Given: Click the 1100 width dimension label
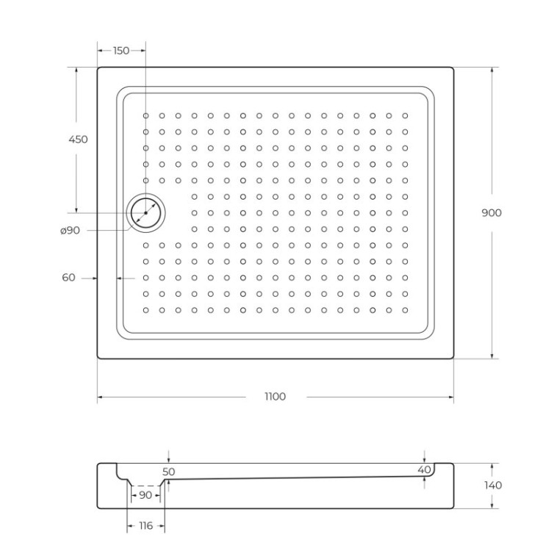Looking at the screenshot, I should pyautogui.click(x=275, y=397).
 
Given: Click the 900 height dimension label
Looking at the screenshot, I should pyautogui.click(x=491, y=212).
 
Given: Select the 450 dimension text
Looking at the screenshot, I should pyautogui.click(x=78, y=139).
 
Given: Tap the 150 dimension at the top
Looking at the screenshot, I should pyautogui.click(x=121, y=51).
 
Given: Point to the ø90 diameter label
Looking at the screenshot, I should pyautogui.click(x=70, y=231).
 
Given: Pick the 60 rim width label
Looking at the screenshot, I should pyautogui.click(x=69, y=277).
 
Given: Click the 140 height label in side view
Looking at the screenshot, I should pyautogui.click(x=494, y=485).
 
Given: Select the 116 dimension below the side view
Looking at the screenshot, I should pyautogui.click(x=146, y=526).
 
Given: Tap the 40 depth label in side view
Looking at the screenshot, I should pyautogui.click(x=424, y=469).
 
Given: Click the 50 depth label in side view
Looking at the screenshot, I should pyautogui.click(x=169, y=472).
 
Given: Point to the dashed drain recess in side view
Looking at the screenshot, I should pyautogui.click(x=146, y=486).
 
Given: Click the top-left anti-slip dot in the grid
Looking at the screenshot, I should pyautogui.click(x=146, y=115).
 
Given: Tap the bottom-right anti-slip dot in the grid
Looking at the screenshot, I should pyautogui.click(x=404, y=309).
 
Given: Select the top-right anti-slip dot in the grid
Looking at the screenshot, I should pyautogui.click(x=404, y=115).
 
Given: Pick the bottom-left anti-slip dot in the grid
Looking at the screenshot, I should pyautogui.click(x=146, y=309).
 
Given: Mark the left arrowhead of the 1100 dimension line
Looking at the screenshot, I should pyautogui.click(x=100, y=397).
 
